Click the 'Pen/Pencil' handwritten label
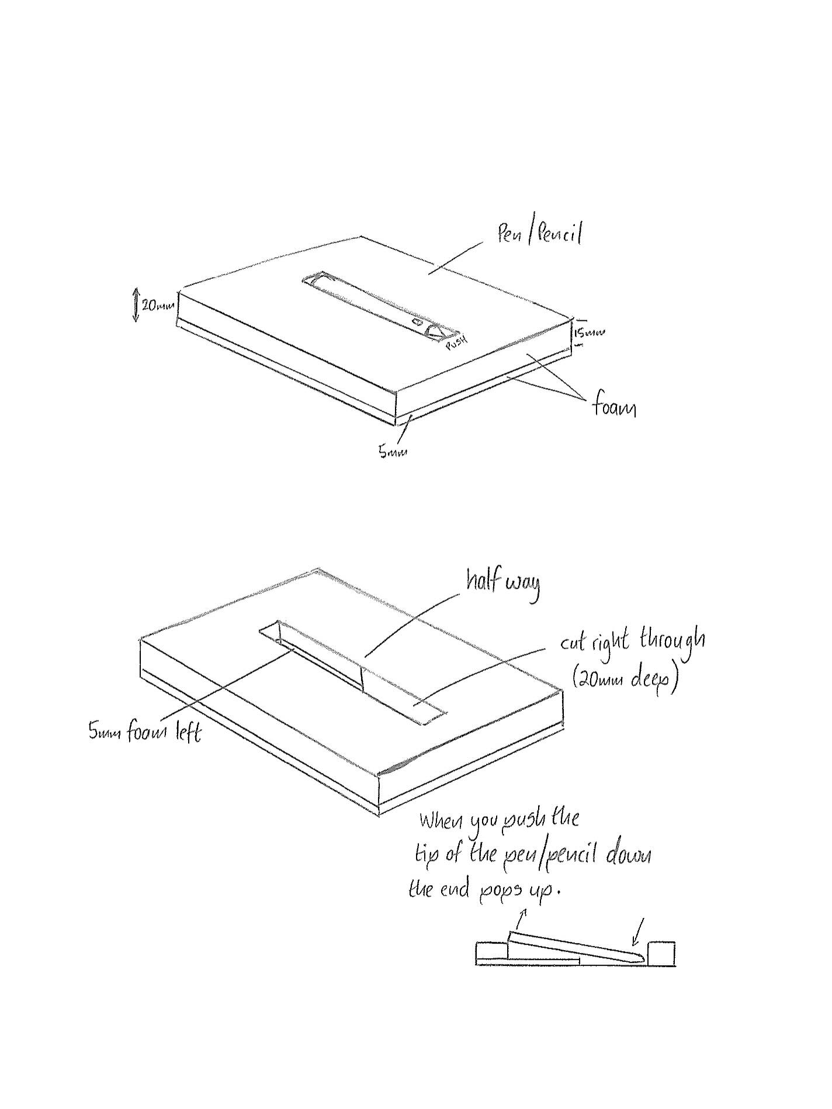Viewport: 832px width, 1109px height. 539,235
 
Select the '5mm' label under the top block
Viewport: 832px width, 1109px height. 392,452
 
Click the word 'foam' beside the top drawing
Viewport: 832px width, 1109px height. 613,406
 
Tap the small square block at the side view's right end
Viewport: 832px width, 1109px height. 661,953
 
